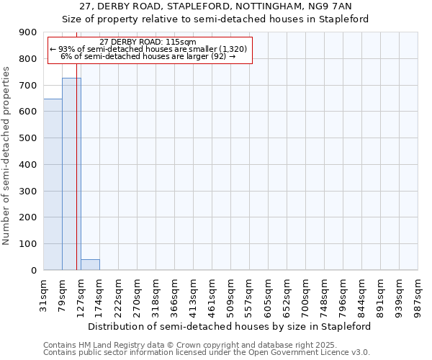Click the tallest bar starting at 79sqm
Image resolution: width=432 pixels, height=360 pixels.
point(71,174)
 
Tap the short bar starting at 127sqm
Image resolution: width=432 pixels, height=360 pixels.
point(90,264)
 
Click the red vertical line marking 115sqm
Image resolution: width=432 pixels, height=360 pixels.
point(76,180)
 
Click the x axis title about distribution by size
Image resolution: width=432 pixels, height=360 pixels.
point(230,326)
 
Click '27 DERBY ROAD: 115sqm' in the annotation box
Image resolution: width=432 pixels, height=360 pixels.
point(148,42)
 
